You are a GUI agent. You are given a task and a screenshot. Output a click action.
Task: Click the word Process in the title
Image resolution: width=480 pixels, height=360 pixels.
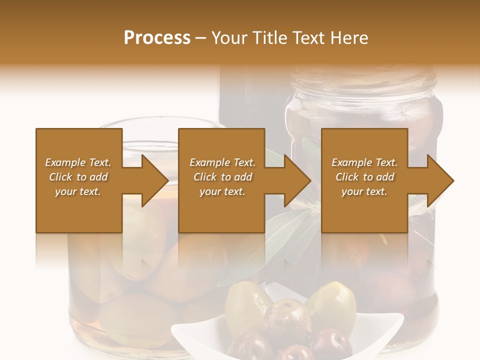157,38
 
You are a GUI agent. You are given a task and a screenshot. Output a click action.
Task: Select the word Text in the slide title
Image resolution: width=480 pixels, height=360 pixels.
308,38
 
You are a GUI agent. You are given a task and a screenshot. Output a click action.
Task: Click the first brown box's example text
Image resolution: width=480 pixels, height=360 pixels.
78,177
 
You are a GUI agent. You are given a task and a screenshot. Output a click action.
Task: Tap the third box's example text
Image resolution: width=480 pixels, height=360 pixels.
364,177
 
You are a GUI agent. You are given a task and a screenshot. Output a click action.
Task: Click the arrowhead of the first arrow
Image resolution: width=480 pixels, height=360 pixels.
154,180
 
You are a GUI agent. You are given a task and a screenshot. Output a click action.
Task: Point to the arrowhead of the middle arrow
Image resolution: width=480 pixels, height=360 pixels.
297,180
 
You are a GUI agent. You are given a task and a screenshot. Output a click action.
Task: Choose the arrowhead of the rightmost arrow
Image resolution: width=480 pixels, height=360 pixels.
440,180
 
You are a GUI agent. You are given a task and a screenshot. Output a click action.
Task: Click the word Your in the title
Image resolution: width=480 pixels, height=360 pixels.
231,38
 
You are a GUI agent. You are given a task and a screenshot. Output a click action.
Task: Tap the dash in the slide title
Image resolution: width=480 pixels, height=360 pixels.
201,38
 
